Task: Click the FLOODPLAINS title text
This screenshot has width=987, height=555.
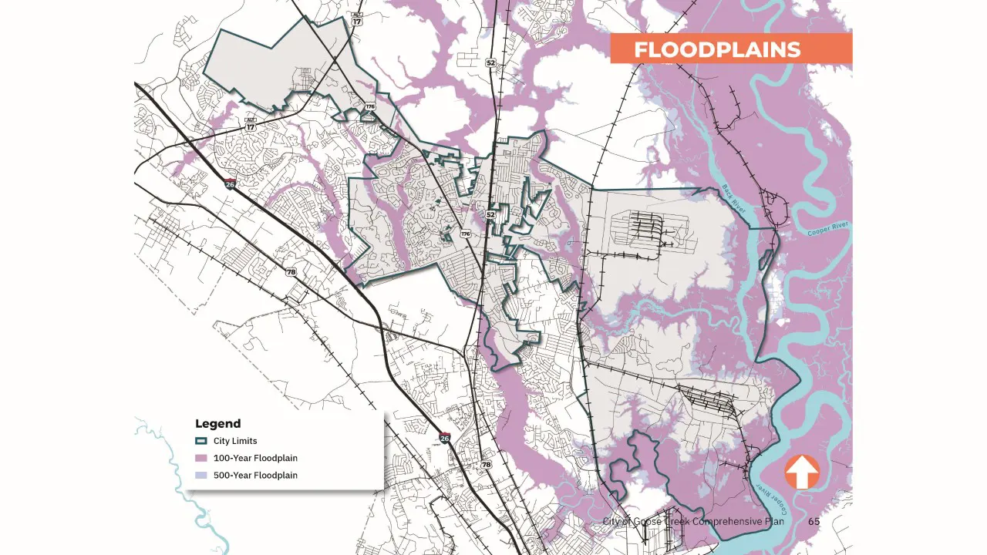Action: pyautogui.click(x=717, y=50)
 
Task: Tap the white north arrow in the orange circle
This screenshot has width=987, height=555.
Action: pyautogui.click(x=802, y=472)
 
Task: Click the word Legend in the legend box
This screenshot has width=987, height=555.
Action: pyautogui.click(x=217, y=423)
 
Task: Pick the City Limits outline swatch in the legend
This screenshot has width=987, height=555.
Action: pyautogui.click(x=200, y=441)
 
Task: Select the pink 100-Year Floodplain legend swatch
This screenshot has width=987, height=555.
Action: pyautogui.click(x=200, y=458)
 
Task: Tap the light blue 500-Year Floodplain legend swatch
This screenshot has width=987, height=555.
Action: pyautogui.click(x=200, y=475)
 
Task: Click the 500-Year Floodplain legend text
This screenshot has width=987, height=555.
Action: pyautogui.click(x=255, y=475)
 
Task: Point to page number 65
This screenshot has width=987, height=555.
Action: pyautogui.click(x=814, y=522)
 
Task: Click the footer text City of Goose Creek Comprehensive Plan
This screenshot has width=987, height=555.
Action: pyautogui.click(x=693, y=522)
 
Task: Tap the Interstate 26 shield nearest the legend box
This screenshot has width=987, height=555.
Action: pyautogui.click(x=444, y=438)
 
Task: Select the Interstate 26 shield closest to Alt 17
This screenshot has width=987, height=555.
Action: pyautogui.click(x=230, y=183)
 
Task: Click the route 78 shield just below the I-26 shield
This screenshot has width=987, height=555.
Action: pyautogui.click(x=486, y=464)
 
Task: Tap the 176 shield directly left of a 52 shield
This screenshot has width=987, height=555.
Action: pyautogui.click(x=465, y=233)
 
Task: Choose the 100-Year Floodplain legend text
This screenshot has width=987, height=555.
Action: pyautogui.click(x=255, y=458)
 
